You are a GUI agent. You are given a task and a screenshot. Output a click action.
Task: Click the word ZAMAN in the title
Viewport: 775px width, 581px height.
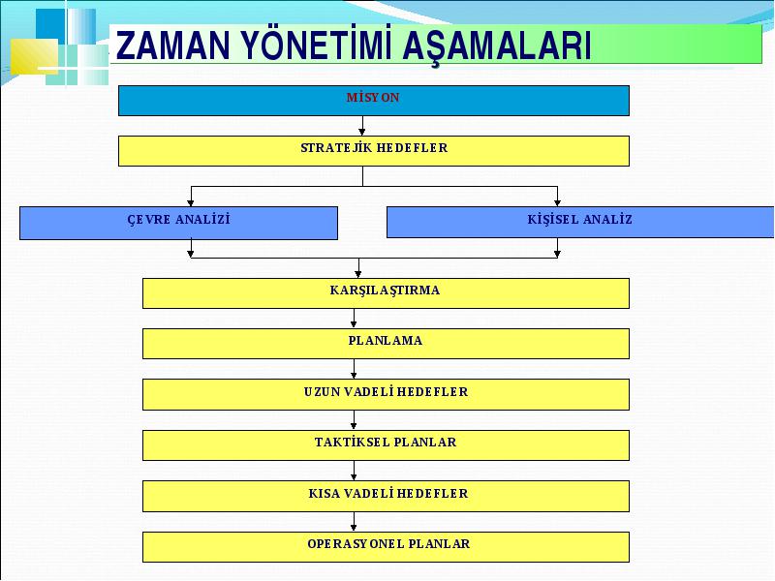point(173,46)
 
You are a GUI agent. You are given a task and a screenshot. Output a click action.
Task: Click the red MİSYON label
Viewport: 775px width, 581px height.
point(373,98)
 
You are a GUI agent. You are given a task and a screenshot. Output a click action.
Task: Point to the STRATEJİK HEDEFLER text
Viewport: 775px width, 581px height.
point(374,148)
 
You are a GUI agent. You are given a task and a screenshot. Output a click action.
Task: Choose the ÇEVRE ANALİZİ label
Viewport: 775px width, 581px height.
point(179,220)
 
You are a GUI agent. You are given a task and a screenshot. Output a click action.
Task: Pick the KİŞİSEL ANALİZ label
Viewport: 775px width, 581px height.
point(579,219)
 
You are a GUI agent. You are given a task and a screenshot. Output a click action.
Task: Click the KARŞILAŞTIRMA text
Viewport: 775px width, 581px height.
point(385,290)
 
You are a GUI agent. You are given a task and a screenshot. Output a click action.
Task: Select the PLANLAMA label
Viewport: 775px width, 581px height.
point(386,341)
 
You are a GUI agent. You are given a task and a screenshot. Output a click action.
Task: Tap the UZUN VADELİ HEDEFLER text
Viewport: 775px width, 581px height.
point(386,392)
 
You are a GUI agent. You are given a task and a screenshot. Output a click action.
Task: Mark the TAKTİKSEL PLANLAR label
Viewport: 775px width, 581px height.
point(386,442)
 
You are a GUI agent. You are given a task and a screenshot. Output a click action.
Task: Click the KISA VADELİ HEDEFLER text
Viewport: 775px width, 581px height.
point(388,493)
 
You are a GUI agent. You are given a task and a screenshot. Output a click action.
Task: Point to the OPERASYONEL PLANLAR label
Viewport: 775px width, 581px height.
point(388,543)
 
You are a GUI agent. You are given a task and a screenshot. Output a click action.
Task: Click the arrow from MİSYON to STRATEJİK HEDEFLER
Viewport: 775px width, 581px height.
point(362,126)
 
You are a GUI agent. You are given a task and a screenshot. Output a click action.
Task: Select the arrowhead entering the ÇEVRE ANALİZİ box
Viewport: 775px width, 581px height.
point(191,202)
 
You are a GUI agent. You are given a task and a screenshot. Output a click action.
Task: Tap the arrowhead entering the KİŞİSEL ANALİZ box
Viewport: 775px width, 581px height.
point(558,202)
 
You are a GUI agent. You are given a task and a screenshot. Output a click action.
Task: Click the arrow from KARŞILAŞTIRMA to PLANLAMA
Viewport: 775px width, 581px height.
point(354,319)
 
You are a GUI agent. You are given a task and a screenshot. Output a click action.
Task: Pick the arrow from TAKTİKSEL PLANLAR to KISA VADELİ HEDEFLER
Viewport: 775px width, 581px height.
point(354,471)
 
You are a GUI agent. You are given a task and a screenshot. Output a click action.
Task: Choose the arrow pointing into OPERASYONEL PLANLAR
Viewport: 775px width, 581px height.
point(354,522)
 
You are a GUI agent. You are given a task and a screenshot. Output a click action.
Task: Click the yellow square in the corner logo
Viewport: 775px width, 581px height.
point(34,56)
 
